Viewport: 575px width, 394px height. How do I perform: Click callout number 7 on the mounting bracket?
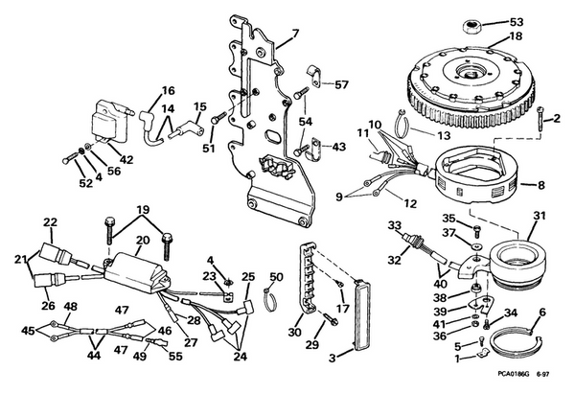pos(294,35)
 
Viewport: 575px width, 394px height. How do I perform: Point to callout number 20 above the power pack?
pos(143,240)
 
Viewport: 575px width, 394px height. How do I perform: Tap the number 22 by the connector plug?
pos(50,222)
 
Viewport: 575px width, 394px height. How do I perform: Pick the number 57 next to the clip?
pos(341,84)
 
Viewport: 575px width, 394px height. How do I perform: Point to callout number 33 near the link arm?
pos(393,225)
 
